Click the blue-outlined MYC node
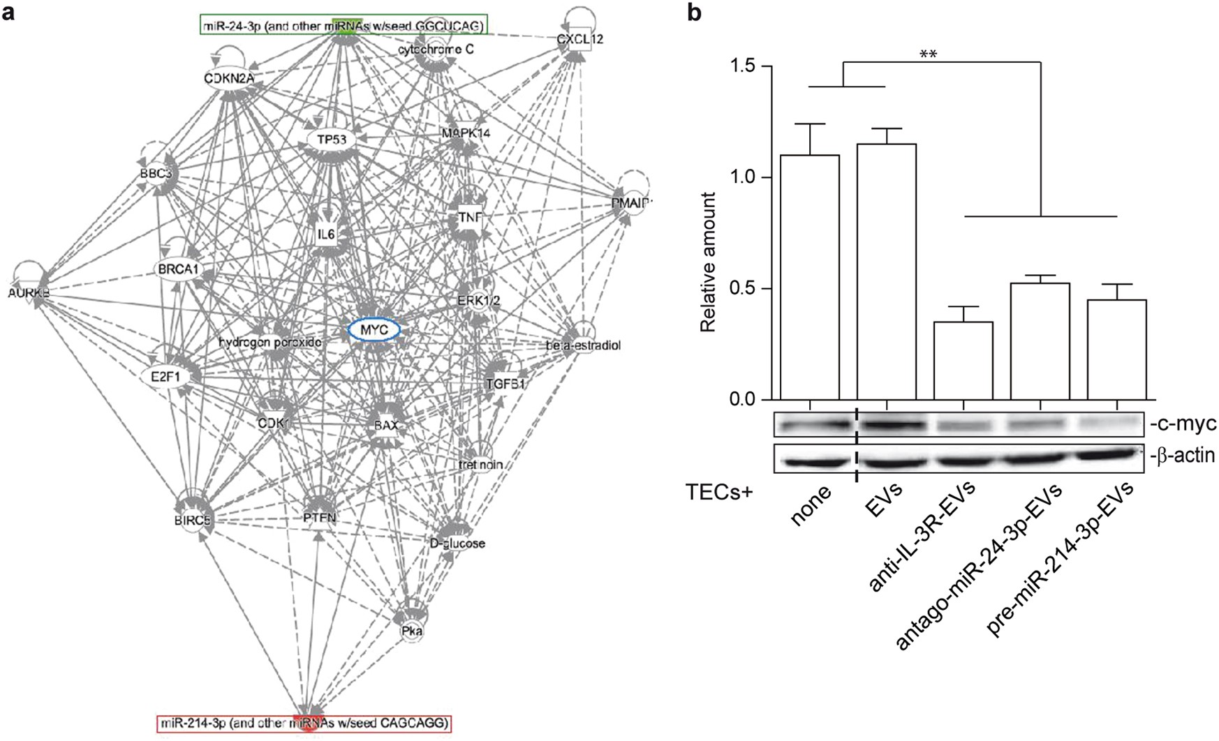tap(374, 329)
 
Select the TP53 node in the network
tap(332, 140)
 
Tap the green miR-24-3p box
tap(342, 27)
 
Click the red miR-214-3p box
tap(304, 724)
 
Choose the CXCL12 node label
tap(580, 40)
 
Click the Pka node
tap(411, 631)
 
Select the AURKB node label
tap(29, 293)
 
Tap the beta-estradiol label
tap(584, 345)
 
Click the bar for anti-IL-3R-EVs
tap(963, 360)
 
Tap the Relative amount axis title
tap(709, 262)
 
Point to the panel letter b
tap(695, 13)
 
